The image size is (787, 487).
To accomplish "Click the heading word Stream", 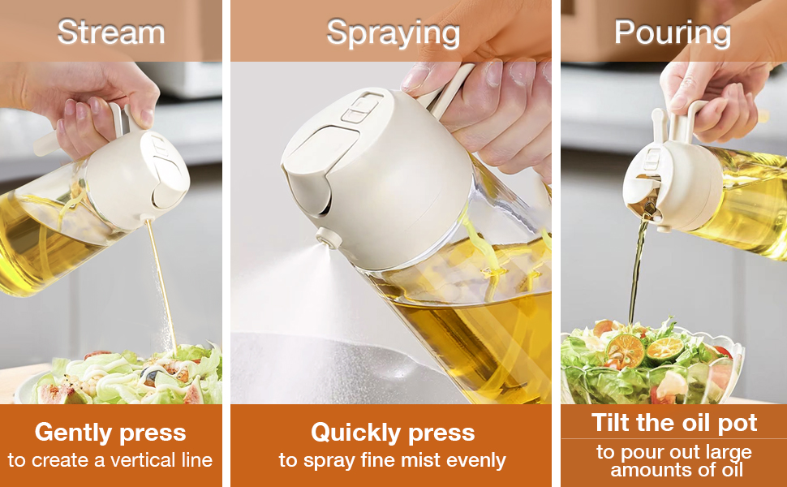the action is [x=111, y=32].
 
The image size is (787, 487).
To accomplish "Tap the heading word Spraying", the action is [x=393, y=33].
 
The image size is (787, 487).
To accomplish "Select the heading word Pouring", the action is [x=672, y=33].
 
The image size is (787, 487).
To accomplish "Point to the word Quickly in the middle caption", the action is [x=356, y=433].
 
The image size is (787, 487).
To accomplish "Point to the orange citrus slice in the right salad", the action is [x=625, y=351].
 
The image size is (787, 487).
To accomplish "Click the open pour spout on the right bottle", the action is [x=645, y=200].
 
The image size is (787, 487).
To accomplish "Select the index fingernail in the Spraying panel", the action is [x=416, y=77].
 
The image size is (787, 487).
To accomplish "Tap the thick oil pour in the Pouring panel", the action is [x=636, y=270].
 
